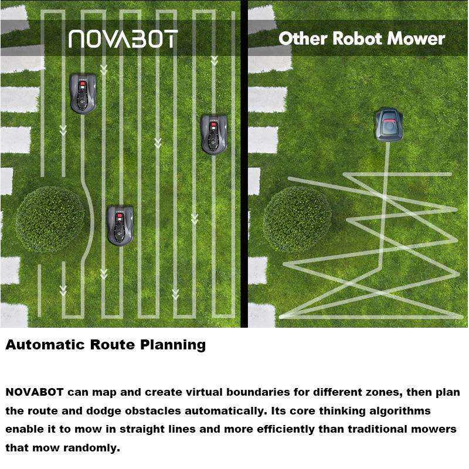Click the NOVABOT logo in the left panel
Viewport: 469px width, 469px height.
(x=123, y=39)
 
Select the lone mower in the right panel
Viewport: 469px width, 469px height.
(x=389, y=125)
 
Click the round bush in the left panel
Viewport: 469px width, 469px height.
(x=51, y=220)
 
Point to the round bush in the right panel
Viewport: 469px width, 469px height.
(x=298, y=220)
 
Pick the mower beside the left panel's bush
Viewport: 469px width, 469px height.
(x=120, y=225)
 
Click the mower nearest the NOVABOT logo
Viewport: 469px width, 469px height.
(x=83, y=94)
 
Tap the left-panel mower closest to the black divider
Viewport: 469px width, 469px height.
(x=213, y=134)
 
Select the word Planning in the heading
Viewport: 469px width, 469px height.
(x=173, y=345)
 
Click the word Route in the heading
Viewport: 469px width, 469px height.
(x=113, y=345)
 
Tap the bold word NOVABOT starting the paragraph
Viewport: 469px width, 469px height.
(x=35, y=392)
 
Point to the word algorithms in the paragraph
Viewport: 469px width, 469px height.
(x=400, y=412)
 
